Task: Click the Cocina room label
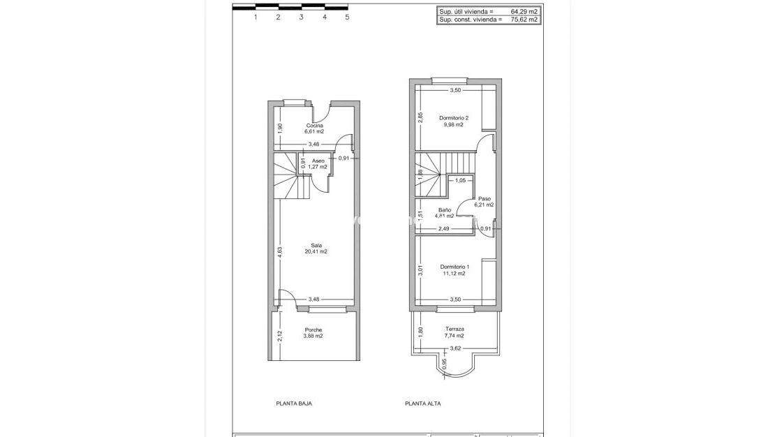(314, 126)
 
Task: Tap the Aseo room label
(318, 161)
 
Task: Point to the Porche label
(313, 329)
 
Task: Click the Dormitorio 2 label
(454, 118)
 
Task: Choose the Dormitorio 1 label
(455, 267)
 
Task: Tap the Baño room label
(445, 209)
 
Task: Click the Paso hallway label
(485, 198)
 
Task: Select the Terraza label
(455, 329)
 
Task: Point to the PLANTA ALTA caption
(423, 403)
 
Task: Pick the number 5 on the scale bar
(347, 17)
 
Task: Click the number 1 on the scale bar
(256, 17)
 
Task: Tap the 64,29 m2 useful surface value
(524, 11)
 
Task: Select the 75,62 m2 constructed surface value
(524, 20)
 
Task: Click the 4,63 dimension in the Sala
(279, 251)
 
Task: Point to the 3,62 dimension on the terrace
(455, 348)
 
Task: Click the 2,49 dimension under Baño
(444, 228)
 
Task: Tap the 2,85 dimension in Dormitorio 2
(420, 118)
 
